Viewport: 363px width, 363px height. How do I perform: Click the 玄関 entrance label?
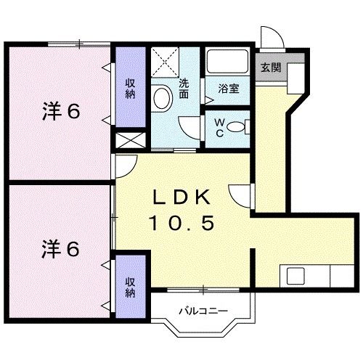click(x=270, y=68)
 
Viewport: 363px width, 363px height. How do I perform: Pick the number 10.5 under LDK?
click(x=182, y=224)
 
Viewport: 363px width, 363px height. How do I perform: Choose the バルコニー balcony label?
click(x=204, y=311)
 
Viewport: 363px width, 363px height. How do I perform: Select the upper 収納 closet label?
click(x=130, y=91)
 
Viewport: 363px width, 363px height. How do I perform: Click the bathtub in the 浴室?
click(x=227, y=62)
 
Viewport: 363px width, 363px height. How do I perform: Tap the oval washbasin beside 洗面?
click(x=162, y=97)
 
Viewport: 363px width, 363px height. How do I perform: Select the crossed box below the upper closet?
click(x=130, y=141)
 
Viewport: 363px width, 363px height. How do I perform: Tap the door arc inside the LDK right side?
click(x=240, y=195)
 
